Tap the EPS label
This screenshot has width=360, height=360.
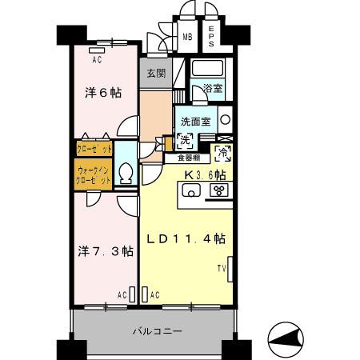point(212,36)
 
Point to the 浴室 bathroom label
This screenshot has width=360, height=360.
point(212,88)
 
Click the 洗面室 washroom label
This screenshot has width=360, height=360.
point(194,122)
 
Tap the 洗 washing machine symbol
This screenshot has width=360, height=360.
point(185,141)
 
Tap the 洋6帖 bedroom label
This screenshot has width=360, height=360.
point(103,93)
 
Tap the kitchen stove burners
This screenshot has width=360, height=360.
point(217,190)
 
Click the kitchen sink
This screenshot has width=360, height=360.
point(192,190)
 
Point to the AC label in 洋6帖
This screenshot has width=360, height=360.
point(96,59)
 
